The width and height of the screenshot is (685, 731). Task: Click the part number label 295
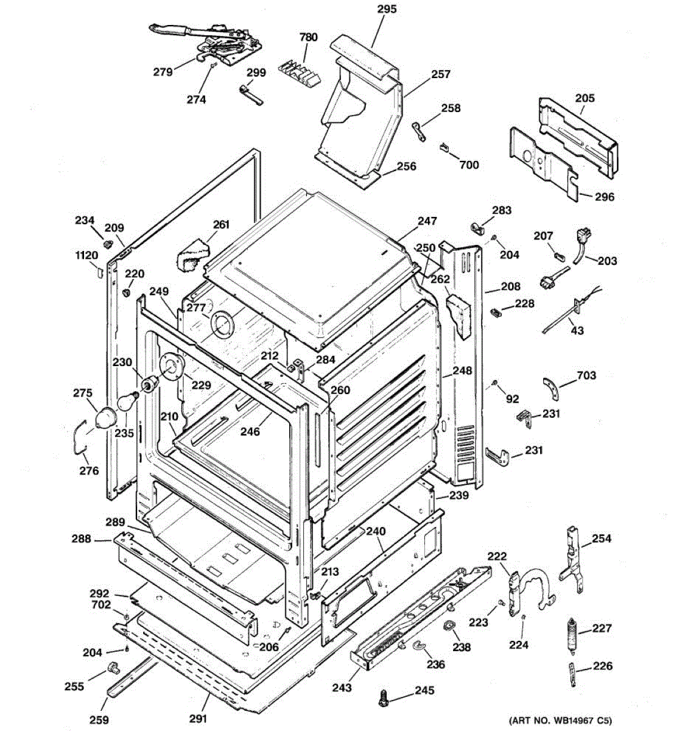tap(387, 9)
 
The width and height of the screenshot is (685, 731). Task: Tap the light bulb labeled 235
tap(126, 402)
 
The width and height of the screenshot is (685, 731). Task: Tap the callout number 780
tap(309, 37)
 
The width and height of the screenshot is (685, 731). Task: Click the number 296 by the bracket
tap(603, 197)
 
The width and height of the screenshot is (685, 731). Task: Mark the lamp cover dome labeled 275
tap(104, 419)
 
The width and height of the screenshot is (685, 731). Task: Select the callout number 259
tap(100, 719)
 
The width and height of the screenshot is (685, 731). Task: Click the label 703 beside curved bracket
tap(586, 376)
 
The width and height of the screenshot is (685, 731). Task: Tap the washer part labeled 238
tap(450, 626)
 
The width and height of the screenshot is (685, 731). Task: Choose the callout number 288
tap(81, 539)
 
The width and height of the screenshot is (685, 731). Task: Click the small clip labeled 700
tap(444, 147)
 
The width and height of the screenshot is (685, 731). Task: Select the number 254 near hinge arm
tap(601, 539)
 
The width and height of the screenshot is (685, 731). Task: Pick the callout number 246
tap(250, 432)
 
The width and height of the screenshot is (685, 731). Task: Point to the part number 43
tap(577, 330)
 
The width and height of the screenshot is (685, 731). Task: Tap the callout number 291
tap(198, 719)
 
